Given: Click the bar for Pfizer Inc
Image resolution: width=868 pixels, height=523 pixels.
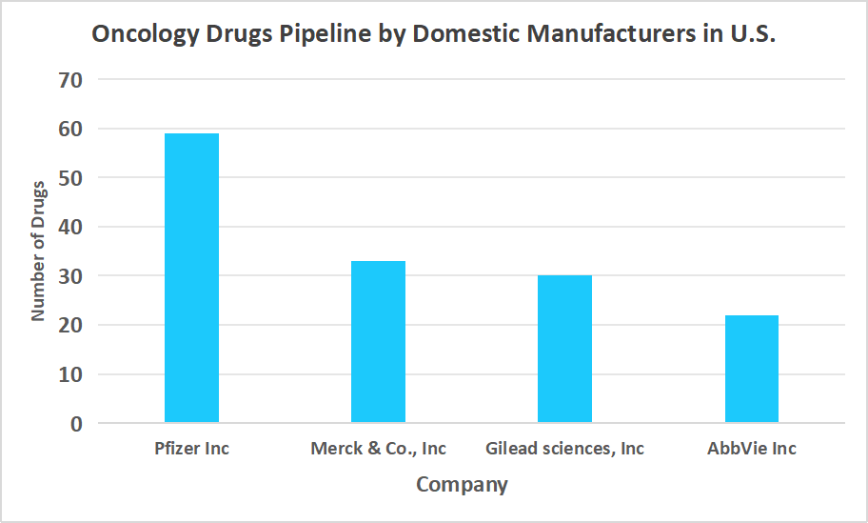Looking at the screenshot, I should (x=191, y=278).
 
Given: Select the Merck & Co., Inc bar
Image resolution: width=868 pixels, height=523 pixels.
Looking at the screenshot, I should (x=378, y=342).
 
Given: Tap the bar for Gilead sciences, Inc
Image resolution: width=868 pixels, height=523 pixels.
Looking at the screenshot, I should (x=564, y=350).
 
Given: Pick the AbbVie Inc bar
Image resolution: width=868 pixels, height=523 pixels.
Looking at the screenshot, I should (x=751, y=370).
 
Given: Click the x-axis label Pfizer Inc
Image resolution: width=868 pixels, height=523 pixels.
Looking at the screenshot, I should (x=191, y=449).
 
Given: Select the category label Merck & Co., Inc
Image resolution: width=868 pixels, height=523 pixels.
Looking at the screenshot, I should (x=378, y=449).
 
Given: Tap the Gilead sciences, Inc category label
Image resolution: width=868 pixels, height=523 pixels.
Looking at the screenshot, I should (x=564, y=449).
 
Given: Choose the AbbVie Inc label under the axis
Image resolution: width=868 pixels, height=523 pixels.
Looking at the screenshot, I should (x=751, y=449).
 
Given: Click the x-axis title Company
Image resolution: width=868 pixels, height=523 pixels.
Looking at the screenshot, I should (x=462, y=485).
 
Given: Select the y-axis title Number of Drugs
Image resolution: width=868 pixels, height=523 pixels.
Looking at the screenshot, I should (x=38, y=250).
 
